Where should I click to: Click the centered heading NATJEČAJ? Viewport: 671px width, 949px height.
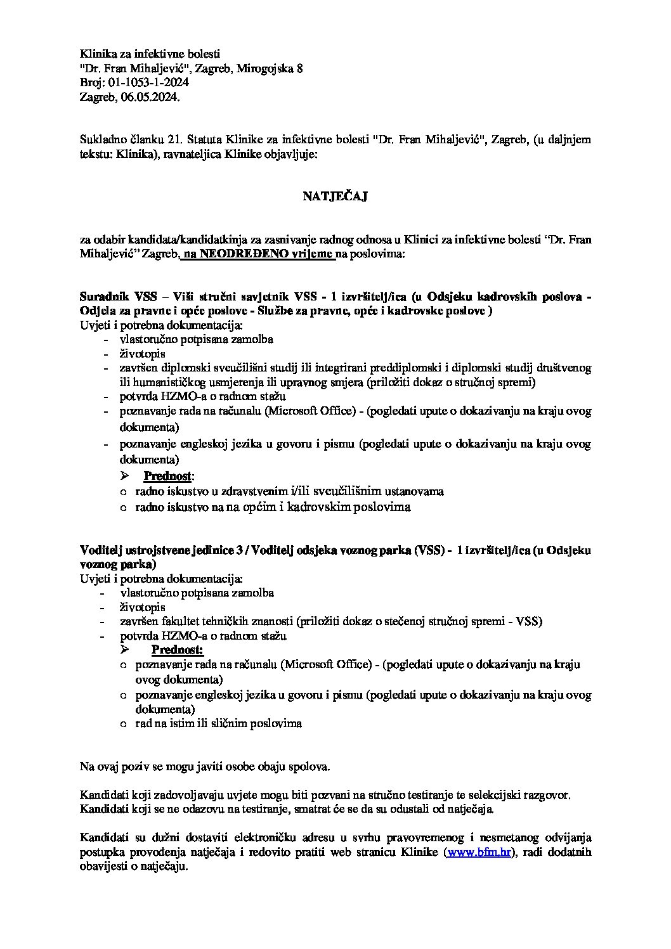335,197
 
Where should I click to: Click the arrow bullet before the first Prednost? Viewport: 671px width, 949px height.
125,475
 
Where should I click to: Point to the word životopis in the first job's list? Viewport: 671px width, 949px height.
143,354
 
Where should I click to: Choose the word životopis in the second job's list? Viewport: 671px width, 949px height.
143,607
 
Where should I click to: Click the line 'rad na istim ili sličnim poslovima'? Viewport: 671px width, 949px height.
219,723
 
